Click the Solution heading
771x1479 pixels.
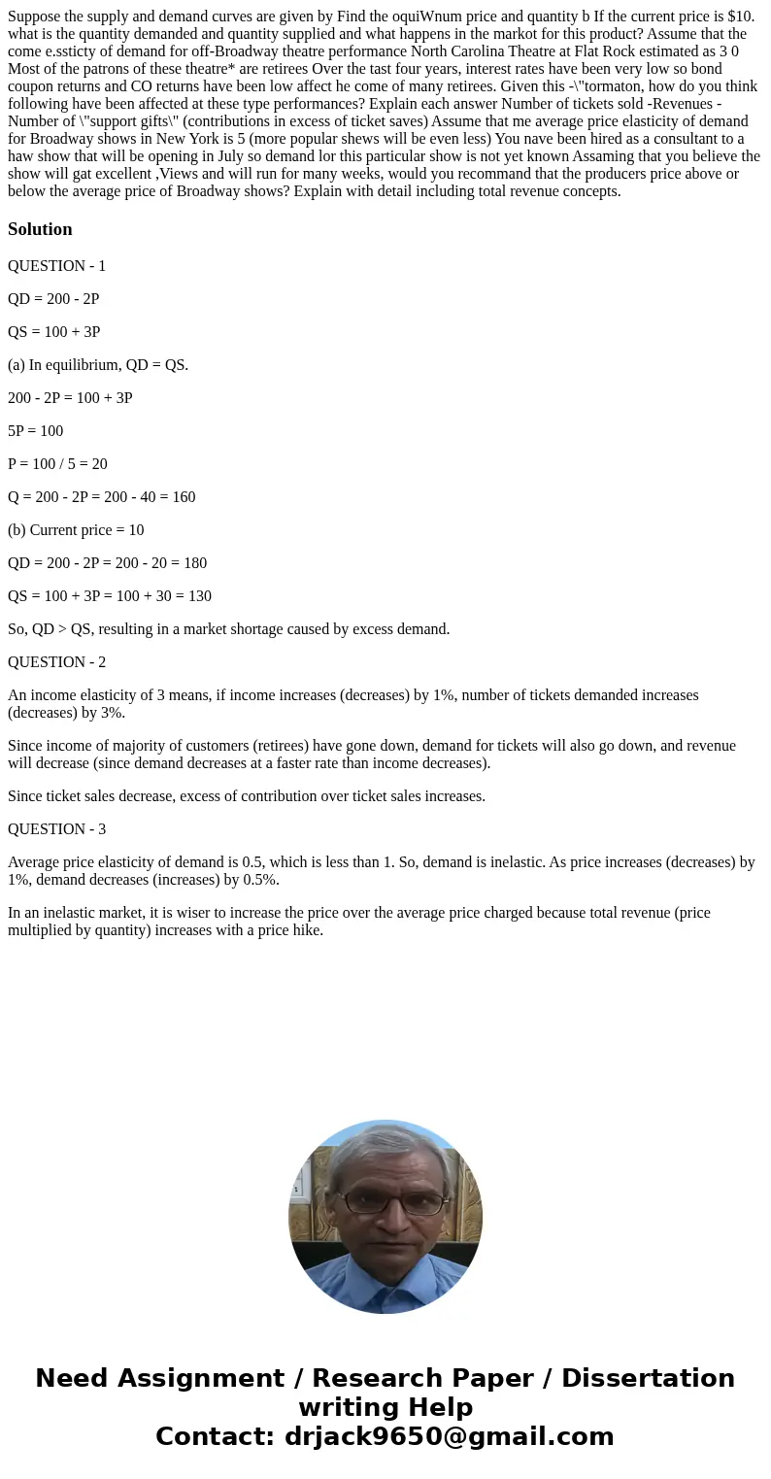40,229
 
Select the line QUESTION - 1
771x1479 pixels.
56,266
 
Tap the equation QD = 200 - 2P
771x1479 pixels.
53,299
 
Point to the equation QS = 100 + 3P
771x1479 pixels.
53,332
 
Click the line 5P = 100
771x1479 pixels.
35,431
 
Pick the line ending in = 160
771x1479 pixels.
101,497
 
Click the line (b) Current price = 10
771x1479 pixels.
76,530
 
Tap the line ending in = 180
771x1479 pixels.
107,563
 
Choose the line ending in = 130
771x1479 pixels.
110,596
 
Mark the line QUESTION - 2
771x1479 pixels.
56,662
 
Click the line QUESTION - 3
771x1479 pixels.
56,829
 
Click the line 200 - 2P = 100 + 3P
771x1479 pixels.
70,398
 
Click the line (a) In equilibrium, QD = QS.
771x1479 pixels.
98,365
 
